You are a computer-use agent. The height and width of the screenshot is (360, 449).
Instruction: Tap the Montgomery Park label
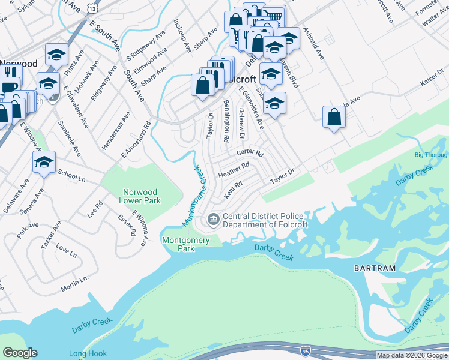click(x=186, y=244)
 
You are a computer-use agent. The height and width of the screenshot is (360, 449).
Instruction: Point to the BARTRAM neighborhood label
click(x=348, y=268)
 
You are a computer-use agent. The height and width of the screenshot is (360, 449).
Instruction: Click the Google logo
click(x=20, y=353)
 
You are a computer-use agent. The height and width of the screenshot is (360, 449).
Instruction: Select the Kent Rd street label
click(x=232, y=191)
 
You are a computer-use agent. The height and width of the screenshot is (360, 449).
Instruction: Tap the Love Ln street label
click(x=66, y=250)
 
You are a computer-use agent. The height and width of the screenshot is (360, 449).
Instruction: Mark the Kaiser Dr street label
click(x=432, y=85)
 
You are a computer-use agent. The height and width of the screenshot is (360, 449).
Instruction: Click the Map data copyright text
click(x=412, y=355)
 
